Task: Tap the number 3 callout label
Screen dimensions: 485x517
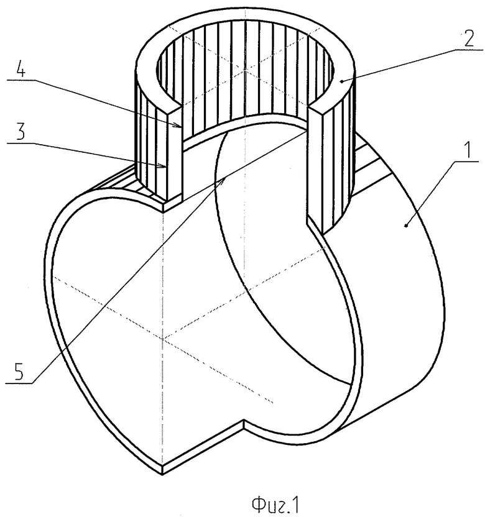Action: [20, 132]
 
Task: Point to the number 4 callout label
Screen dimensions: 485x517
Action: [20, 70]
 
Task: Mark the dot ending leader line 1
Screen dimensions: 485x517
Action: [405, 227]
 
